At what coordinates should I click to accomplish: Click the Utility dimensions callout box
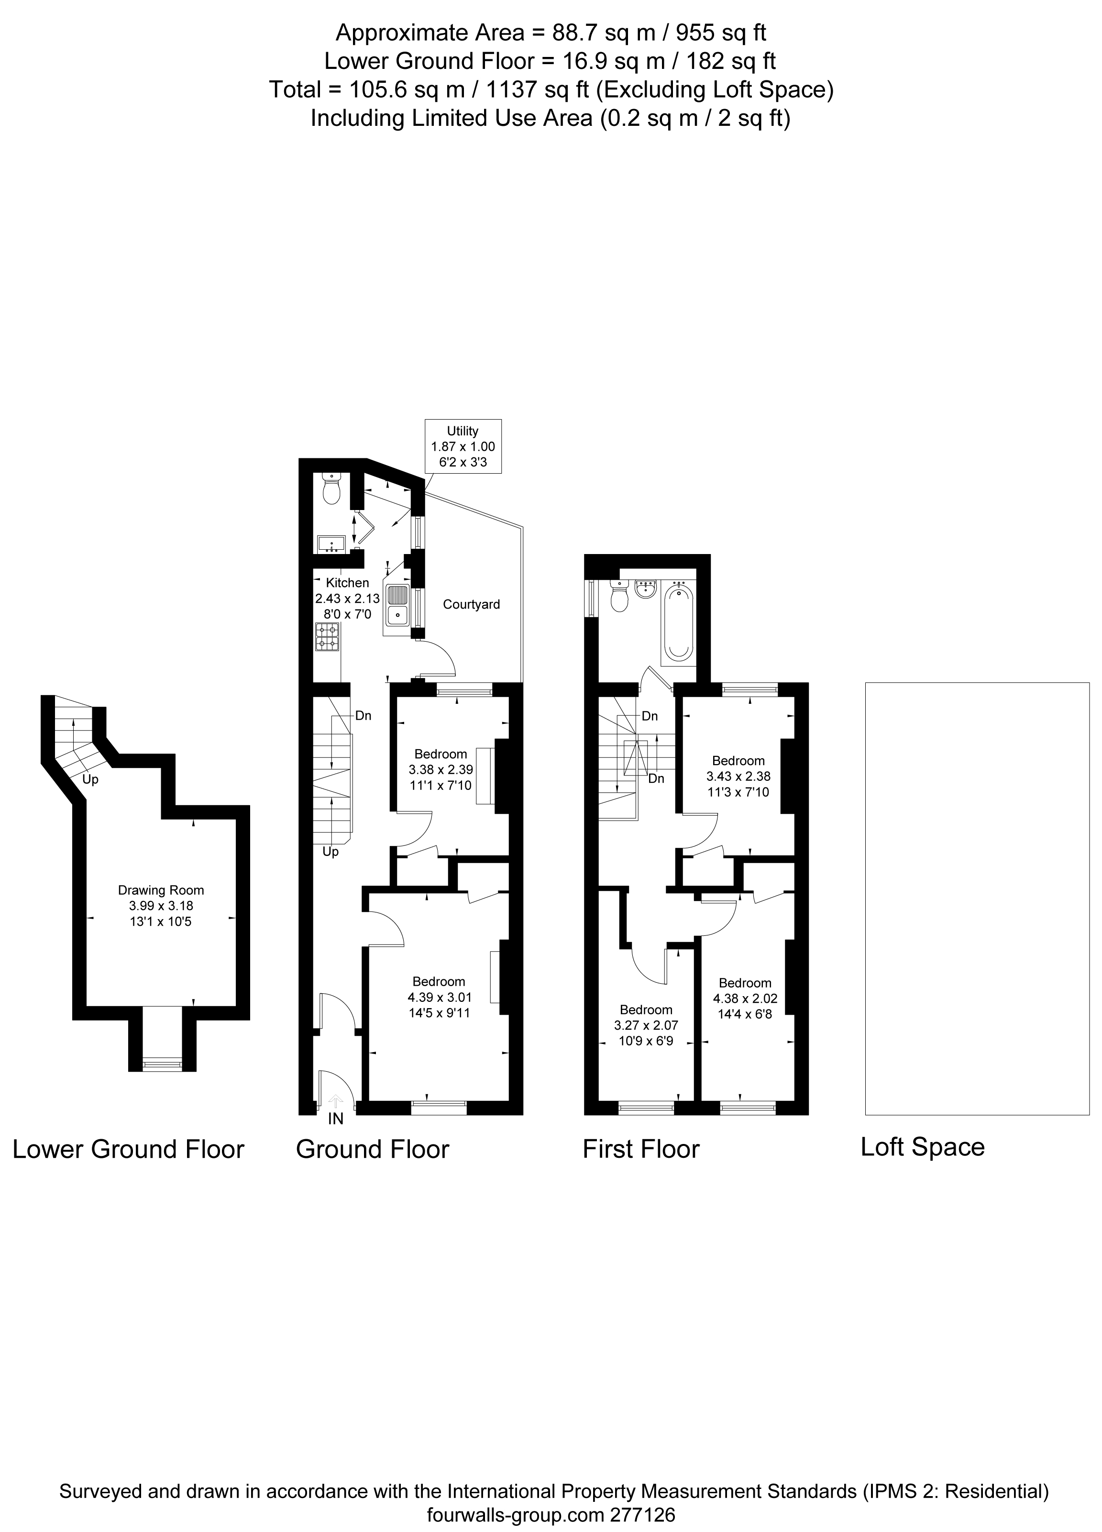pyautogui.click(x=463, y=446)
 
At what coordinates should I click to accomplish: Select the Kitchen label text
pyautogui.click(x=348, y=582)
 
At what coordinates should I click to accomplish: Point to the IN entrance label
pyautogui.click(x=336, y=1119)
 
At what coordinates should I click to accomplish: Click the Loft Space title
pyautogui.click(x=922, y=1147)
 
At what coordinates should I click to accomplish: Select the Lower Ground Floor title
pyautogui.click(x=128, y=1149)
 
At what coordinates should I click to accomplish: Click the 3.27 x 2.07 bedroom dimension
pyautogui.click(x=646, y=1025)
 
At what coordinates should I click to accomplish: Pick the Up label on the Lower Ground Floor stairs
pyautogui.click(x=90, y=779)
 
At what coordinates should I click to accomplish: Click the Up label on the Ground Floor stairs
pyautogui.click(x=330, y=852)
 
